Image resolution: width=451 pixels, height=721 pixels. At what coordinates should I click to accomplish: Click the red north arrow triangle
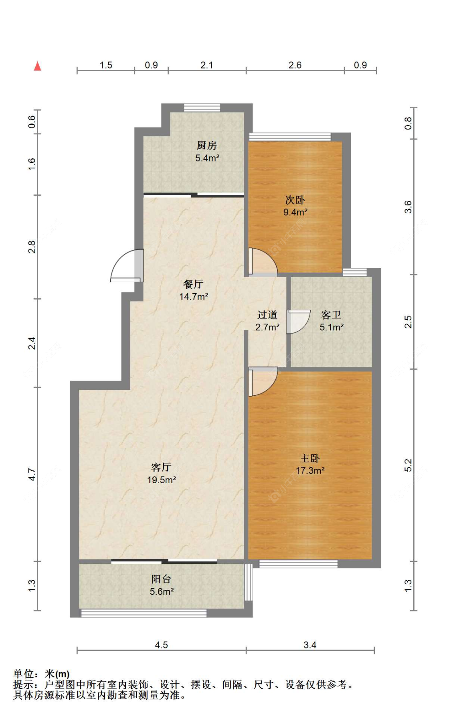(x=37, y=66)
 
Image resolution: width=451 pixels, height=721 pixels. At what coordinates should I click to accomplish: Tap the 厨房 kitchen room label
(x=206, y=145)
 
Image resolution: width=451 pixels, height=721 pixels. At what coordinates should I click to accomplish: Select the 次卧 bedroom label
(x=295, y=199)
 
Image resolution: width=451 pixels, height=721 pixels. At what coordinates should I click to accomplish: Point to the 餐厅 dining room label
(x=193, y=284)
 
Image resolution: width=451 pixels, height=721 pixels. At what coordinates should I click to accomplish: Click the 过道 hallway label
(x=267, y=315)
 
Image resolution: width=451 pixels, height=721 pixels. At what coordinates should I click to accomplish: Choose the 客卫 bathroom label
(x=331, y=315)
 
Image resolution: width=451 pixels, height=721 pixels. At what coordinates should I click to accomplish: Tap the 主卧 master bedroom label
(x=310, y=458)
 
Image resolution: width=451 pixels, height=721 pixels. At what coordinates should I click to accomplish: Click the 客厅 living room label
(x=161, y=467)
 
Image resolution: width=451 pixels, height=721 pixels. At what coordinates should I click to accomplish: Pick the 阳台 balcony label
(x=161, y=579)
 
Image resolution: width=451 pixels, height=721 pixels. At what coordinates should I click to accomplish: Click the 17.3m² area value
(x=310, y=470)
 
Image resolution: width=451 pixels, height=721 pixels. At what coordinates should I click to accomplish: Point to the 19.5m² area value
(x=162, y=480)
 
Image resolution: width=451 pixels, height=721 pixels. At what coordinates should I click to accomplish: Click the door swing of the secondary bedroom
(x=263, y=262)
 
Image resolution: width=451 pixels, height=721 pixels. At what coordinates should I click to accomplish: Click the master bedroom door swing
(x=263, y=381)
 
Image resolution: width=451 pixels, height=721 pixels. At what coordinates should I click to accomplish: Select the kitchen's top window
(x=202, y=108)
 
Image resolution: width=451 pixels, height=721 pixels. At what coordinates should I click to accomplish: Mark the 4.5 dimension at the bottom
(x=161, y=645)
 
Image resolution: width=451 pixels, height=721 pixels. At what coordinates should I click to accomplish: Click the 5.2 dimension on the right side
(x=408, y=465)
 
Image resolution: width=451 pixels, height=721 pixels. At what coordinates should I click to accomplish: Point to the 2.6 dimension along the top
(x=295, y=65)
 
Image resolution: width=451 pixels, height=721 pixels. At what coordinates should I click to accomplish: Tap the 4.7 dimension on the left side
(x=32, y=475)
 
